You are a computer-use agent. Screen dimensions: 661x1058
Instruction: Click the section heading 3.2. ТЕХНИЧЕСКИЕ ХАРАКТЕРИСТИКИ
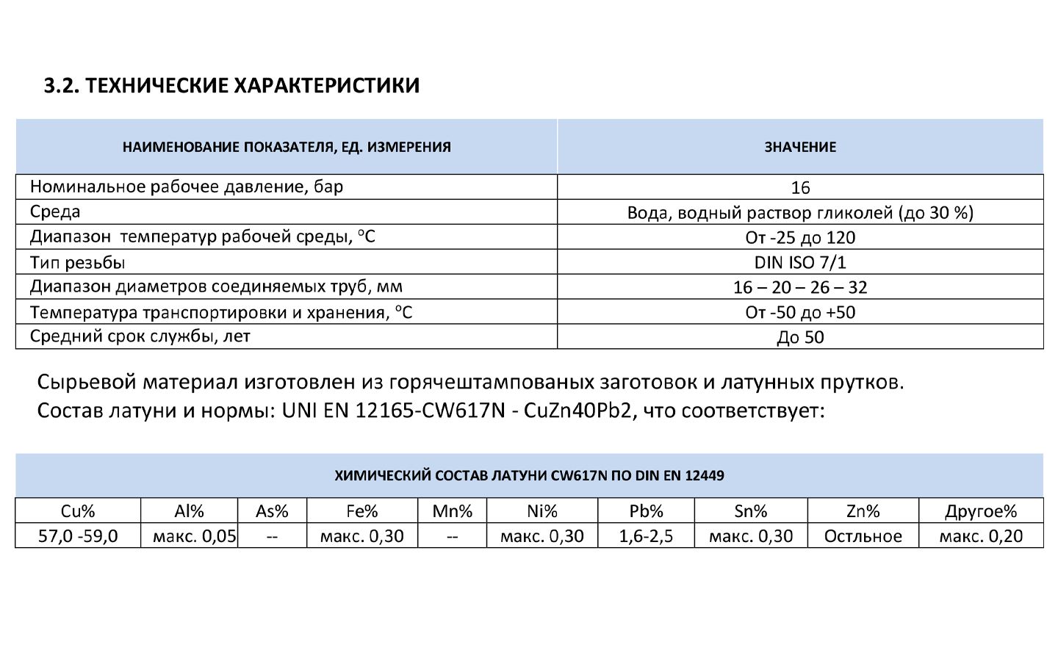[x=231, y=85]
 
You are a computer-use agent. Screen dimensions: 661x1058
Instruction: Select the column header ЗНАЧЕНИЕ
[x=800, y=147]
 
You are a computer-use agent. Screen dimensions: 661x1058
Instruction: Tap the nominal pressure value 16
[x=800, y=187]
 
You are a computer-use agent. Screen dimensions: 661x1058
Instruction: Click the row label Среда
[x=55, y=212]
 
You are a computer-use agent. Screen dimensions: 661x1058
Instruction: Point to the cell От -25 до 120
[x=800, y=237]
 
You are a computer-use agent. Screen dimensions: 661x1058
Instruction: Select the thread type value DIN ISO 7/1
[x=800, y=262]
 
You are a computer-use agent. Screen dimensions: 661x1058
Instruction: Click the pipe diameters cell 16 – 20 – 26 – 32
[x=800, y=287]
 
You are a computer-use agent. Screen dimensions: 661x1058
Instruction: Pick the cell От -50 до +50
[x=800, y=312]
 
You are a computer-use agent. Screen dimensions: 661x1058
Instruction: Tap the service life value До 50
[x=800, y=337]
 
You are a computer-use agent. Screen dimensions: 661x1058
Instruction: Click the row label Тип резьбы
[x=77, y=262]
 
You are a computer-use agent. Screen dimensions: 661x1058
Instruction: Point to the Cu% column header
[x=78, y=511]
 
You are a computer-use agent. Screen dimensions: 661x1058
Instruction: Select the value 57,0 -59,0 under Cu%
[x=78, y=536]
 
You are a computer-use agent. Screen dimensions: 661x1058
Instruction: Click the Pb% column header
[x=646, y=511]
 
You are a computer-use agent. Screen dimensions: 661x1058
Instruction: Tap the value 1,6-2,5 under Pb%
[x=646, y=536]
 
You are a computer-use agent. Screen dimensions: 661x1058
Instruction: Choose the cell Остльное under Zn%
[x=863, y=536]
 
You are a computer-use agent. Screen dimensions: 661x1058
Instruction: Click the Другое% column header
[x=981, y=511]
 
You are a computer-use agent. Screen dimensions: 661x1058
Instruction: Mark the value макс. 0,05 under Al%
[x=195, y=536]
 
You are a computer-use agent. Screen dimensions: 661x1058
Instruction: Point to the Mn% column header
[x=452, y=511]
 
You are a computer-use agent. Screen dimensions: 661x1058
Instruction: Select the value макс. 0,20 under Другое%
[x=981, y=536]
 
